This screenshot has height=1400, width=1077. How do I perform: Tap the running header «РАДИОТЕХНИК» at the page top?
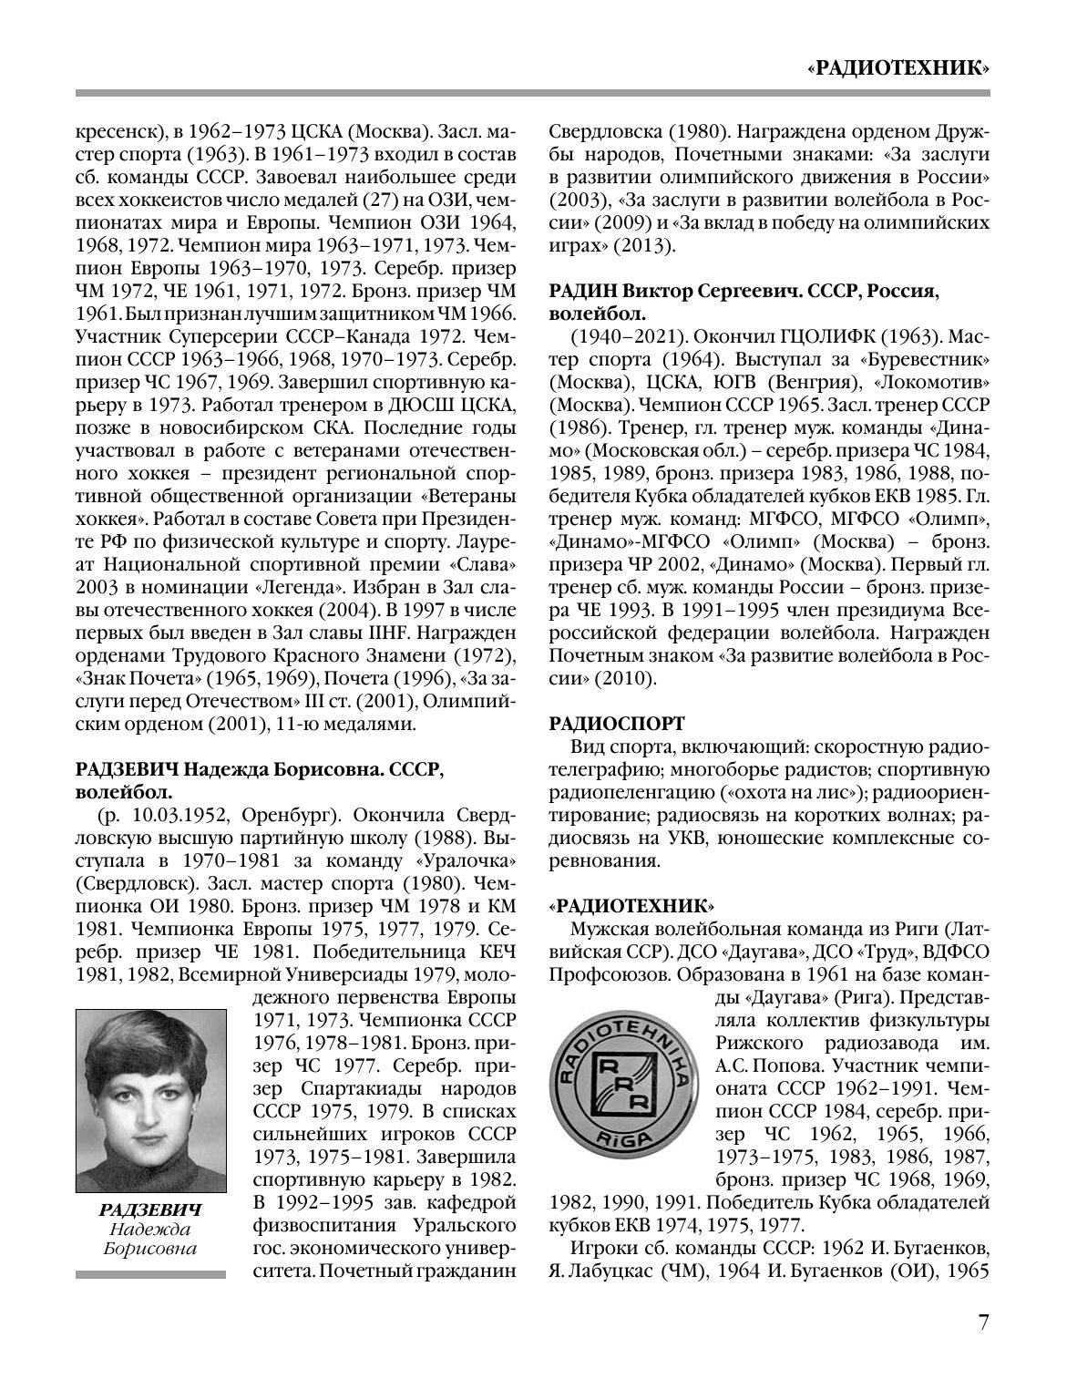click(898, 67)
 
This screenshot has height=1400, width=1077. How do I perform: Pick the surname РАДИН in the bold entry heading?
click(583, 291)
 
